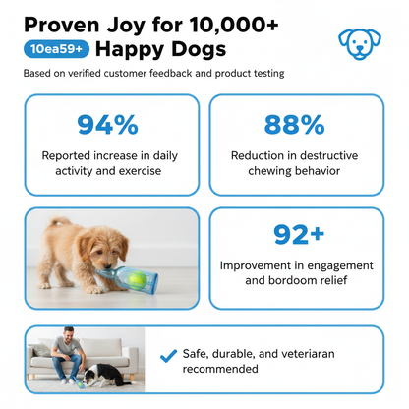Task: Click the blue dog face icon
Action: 360,44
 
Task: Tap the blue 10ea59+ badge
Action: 56,49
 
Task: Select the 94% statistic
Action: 107,125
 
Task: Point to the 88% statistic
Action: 294,125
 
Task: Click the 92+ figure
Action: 299,234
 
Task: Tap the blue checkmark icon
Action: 168,356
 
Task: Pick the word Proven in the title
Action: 62,25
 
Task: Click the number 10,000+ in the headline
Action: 234,25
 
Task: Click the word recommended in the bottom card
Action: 220,369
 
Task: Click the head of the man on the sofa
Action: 69,334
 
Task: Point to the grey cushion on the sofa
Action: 40,349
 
